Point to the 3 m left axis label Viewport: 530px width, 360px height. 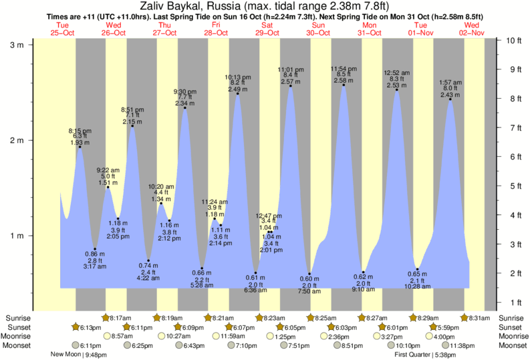(x=16, y=45)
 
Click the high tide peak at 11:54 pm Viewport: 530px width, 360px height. (x=344, y=85)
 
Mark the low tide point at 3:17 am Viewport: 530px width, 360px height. (x=95, y=249)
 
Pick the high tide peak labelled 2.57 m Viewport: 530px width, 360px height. (x=291, y=86)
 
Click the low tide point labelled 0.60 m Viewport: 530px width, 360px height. (x=309, y=274)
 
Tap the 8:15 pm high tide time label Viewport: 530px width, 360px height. (x=80, y=131)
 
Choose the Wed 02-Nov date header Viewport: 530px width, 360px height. (x=472, y=28)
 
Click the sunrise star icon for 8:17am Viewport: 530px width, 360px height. (x=106, y=318)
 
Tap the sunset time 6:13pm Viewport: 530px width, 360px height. (x=90, y=327)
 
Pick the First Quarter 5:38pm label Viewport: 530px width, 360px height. (x=424, y=355)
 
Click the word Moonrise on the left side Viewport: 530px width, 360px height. (x=18, y=336)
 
